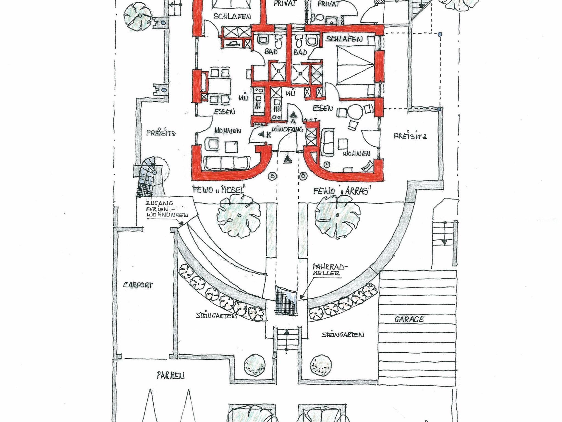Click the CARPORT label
138,285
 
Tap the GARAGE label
409,319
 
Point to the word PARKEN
170,376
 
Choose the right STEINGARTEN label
343,335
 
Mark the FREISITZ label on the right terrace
410,136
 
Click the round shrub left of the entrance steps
254,365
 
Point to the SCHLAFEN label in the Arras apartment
344,39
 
